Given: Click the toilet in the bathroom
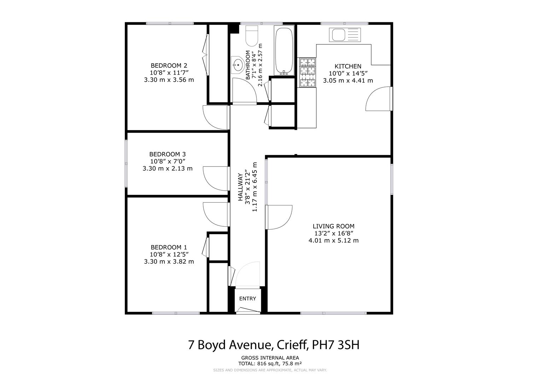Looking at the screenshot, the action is point(252,36).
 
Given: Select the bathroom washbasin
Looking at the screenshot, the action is point(237,65).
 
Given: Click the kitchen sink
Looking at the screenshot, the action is point(345,35).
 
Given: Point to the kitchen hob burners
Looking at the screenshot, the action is point(308,73).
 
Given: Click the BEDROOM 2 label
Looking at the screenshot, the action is point(169,65).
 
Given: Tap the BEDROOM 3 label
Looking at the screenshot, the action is point(168,154).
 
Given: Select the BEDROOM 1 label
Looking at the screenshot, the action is point(169,247).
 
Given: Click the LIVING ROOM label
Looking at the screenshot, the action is point(333,226).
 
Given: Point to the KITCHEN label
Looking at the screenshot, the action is point(348,66).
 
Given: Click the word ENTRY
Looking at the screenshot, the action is point(248,299).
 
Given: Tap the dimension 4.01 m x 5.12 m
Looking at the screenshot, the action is point(333,241).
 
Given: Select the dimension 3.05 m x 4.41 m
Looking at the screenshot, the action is point(348,81).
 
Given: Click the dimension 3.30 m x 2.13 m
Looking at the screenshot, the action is point(168,168).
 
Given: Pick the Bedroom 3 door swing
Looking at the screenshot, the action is point(216,179).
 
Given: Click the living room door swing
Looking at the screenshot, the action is point(279,217).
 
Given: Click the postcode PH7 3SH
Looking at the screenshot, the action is point(336,345).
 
